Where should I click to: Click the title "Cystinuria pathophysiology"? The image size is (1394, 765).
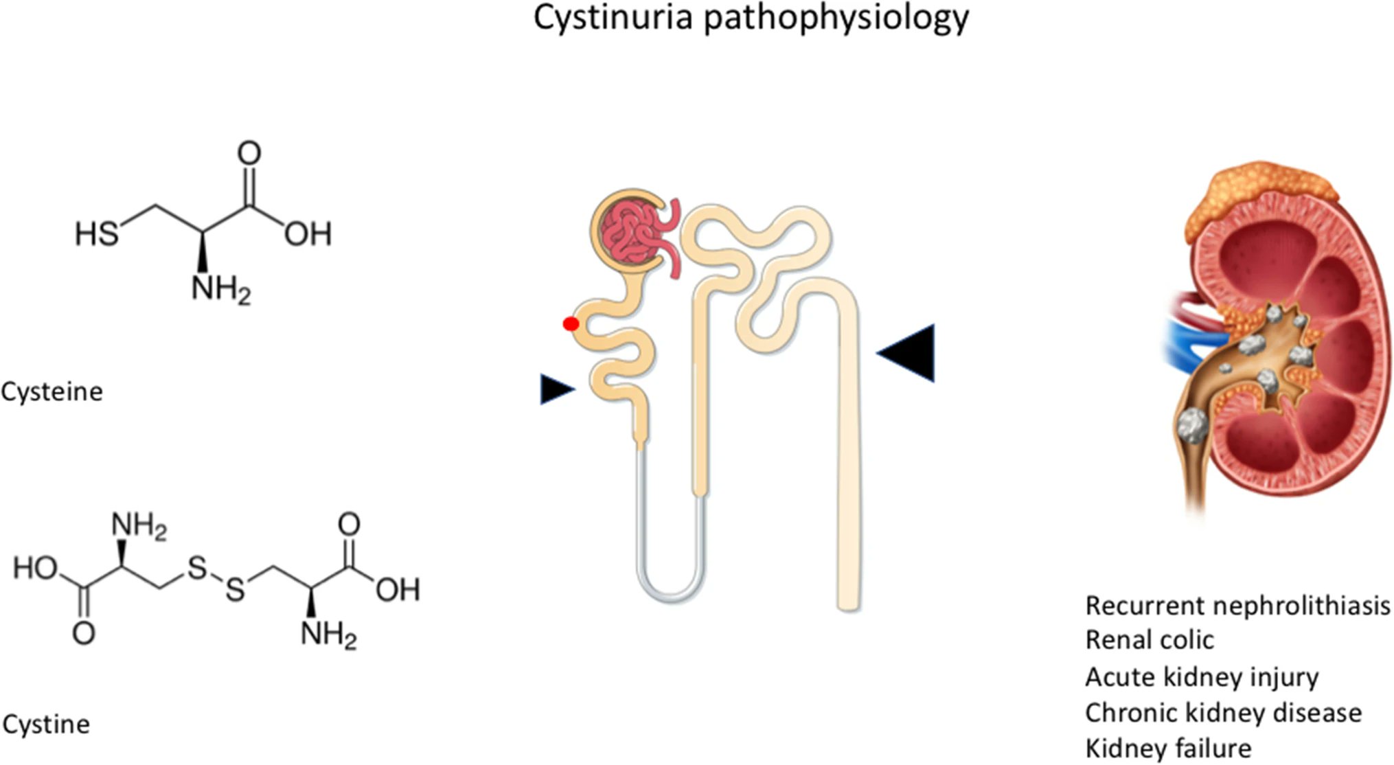pyautogui.click(x=751, y=18)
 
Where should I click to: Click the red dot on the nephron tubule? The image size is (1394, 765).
pyautogui.click(x=571, y=323)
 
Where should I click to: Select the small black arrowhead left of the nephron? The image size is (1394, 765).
pyautogui.click(x=556, y=389)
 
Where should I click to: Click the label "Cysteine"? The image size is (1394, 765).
pyautogui.click(x=52, y=391)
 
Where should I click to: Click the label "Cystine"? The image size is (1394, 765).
pyautogui.click(x=46, y=724)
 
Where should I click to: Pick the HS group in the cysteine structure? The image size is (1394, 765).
pyautogui.click(x=96, y=233)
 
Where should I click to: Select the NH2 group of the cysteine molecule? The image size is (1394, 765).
pyautogui.click(x=220, y=288)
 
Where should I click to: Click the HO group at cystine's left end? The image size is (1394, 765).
pyautogui.click(x=35, y=569)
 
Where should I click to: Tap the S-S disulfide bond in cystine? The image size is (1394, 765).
pyautogui.click(x=216, y=579)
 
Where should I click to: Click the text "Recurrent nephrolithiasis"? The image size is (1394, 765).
pyautogui.click(x=1237, y=606)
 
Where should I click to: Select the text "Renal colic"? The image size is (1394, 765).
pyautogui.click(x=1149, y=640)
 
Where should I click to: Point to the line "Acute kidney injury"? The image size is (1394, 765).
pyautogui.click(x=1201, y=677)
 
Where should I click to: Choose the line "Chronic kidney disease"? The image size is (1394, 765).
pyautogui.click(x=1223, y=713)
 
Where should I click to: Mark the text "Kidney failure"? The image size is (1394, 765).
pyautogui.click(x=1167, y=748)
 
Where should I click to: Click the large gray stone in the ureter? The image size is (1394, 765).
pyautogui.click(x=1193, y=426)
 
